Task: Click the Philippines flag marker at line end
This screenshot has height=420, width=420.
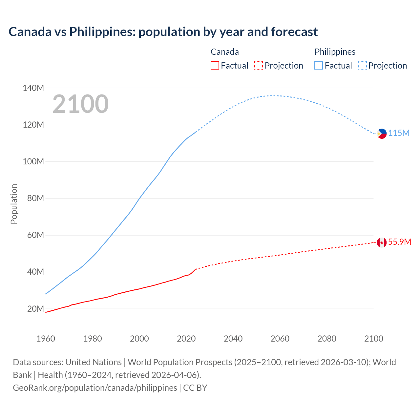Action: (x=382, y=134)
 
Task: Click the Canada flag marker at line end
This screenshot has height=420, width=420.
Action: (x=382, y=242)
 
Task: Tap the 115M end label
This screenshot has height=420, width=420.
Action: (x=399, y=133)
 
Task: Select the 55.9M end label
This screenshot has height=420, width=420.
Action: (x=399, y=242)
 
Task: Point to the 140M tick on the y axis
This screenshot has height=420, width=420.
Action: (x=33, y=88)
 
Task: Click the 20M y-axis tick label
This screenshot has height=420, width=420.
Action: (x=35, y=309)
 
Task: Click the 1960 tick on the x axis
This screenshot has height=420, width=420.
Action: (x=46, y=339)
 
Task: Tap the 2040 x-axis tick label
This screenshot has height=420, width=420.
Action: (x=233, y=339)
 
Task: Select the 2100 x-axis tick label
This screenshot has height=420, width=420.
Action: (x=373, y=339)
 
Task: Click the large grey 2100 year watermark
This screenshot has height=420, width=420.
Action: (x=80, y=104)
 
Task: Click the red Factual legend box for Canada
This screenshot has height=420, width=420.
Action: (x=215, y=66)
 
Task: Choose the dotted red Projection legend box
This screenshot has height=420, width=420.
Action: (x=259, y=66)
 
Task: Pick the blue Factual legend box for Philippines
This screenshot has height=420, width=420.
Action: (x=318, y=66)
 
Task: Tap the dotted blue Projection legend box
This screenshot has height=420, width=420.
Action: (x=362, y=66)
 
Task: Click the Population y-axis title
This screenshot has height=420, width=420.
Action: (x=14, y=204)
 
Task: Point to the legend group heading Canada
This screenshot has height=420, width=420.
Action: (x=224, y=52)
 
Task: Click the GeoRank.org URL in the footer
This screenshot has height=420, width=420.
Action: (x=95, y=388)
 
